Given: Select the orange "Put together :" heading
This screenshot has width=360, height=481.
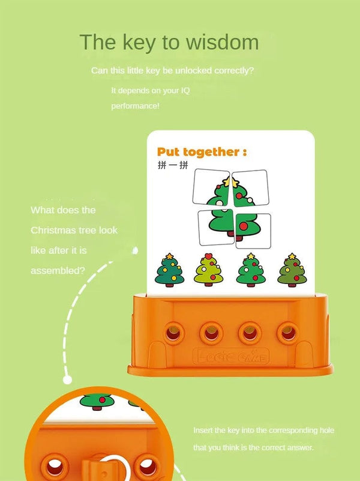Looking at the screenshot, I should click(201, 151).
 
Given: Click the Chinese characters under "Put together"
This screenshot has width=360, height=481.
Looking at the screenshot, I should click(168, 165).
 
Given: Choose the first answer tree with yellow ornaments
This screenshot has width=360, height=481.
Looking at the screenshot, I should click(169, 269).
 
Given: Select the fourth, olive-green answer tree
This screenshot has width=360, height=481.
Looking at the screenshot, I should click(291, 269).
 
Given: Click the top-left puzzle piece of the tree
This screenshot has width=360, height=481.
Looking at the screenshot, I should click(211, 188).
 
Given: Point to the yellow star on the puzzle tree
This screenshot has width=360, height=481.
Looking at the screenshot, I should click(227, 180).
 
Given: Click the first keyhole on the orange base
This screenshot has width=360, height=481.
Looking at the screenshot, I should click(174, 331).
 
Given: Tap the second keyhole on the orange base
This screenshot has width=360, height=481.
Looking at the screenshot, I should click(211, 331).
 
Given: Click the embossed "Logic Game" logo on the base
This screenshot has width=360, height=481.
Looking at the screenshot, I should click(231, 358).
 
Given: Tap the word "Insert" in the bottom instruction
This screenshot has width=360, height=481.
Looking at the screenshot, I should click(203, 431).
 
